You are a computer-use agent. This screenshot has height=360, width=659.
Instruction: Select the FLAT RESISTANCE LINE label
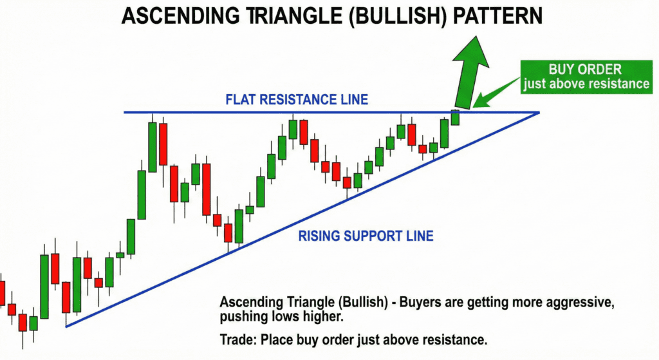click(297, 100)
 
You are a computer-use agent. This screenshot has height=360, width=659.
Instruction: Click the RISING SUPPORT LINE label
click(366, 236)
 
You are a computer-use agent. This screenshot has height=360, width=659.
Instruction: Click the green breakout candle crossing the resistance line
click(455, 117)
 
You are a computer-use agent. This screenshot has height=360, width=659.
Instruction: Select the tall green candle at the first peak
click(153, 147)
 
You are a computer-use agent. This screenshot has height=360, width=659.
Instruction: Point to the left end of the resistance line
click(125, 113)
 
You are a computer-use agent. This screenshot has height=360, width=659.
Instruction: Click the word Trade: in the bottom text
click(237, 339)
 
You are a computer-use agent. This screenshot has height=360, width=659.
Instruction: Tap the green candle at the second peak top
click(293, 129)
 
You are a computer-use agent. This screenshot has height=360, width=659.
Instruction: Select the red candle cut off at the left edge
click(2, 293)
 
